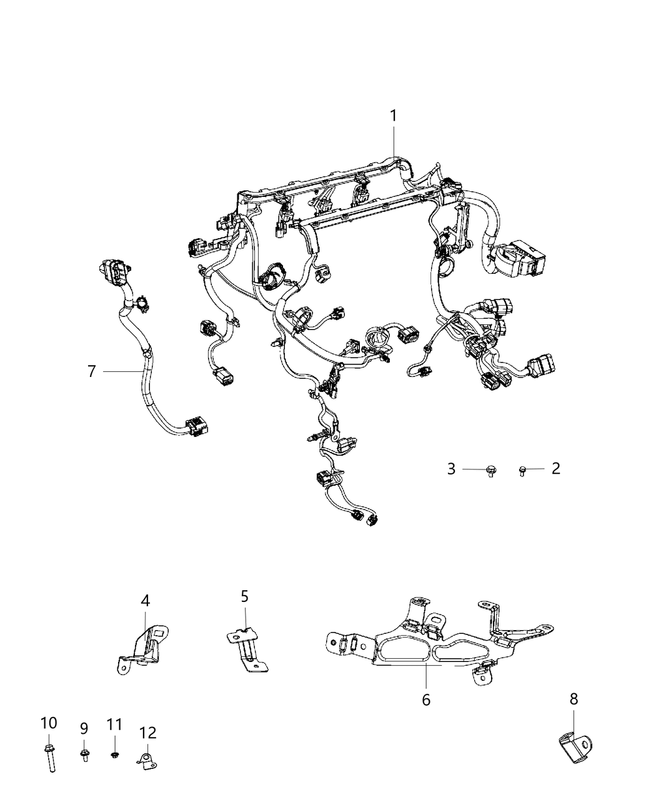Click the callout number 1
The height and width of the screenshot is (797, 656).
[394, 116]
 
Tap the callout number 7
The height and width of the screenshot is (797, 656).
[92, 371]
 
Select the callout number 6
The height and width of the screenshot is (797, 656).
[426, 699]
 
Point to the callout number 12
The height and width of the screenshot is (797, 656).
[148, 733]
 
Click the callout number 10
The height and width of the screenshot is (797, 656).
[49, 723]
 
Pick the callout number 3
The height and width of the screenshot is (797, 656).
[451, 469]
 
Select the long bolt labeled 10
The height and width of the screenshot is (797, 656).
[48, 758]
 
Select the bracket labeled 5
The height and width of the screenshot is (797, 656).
[247, 650]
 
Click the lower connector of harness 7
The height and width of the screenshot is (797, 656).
[198, 427]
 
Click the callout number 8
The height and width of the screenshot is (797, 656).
[574, 699]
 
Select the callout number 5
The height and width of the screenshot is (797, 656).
[245, 596]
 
